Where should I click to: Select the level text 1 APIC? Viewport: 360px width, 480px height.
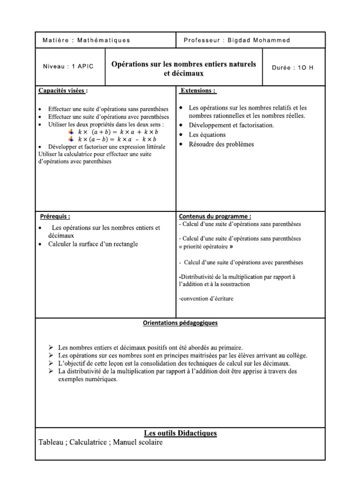(x=82, y=67)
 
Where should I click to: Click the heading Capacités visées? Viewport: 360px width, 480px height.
(x=63, y=90)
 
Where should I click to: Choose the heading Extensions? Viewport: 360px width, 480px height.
(x=198, y=90)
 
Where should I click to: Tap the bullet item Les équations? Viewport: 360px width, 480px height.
(x=207, y=135)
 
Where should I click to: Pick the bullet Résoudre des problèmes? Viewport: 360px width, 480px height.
(x=221, y=144)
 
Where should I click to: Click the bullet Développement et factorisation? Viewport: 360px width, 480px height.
(x=231, y=125)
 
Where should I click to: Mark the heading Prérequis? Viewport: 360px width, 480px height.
(x=55, y=217)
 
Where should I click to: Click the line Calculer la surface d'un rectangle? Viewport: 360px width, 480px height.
(x=93, y=244)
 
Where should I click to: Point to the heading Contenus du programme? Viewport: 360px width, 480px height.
(x=215, y=217)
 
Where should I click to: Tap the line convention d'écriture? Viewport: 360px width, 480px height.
(x=206, y=299)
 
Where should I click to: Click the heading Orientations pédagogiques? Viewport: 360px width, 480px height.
(x=180, y=323)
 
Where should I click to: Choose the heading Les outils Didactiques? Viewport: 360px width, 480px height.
(x=180, y=433)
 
